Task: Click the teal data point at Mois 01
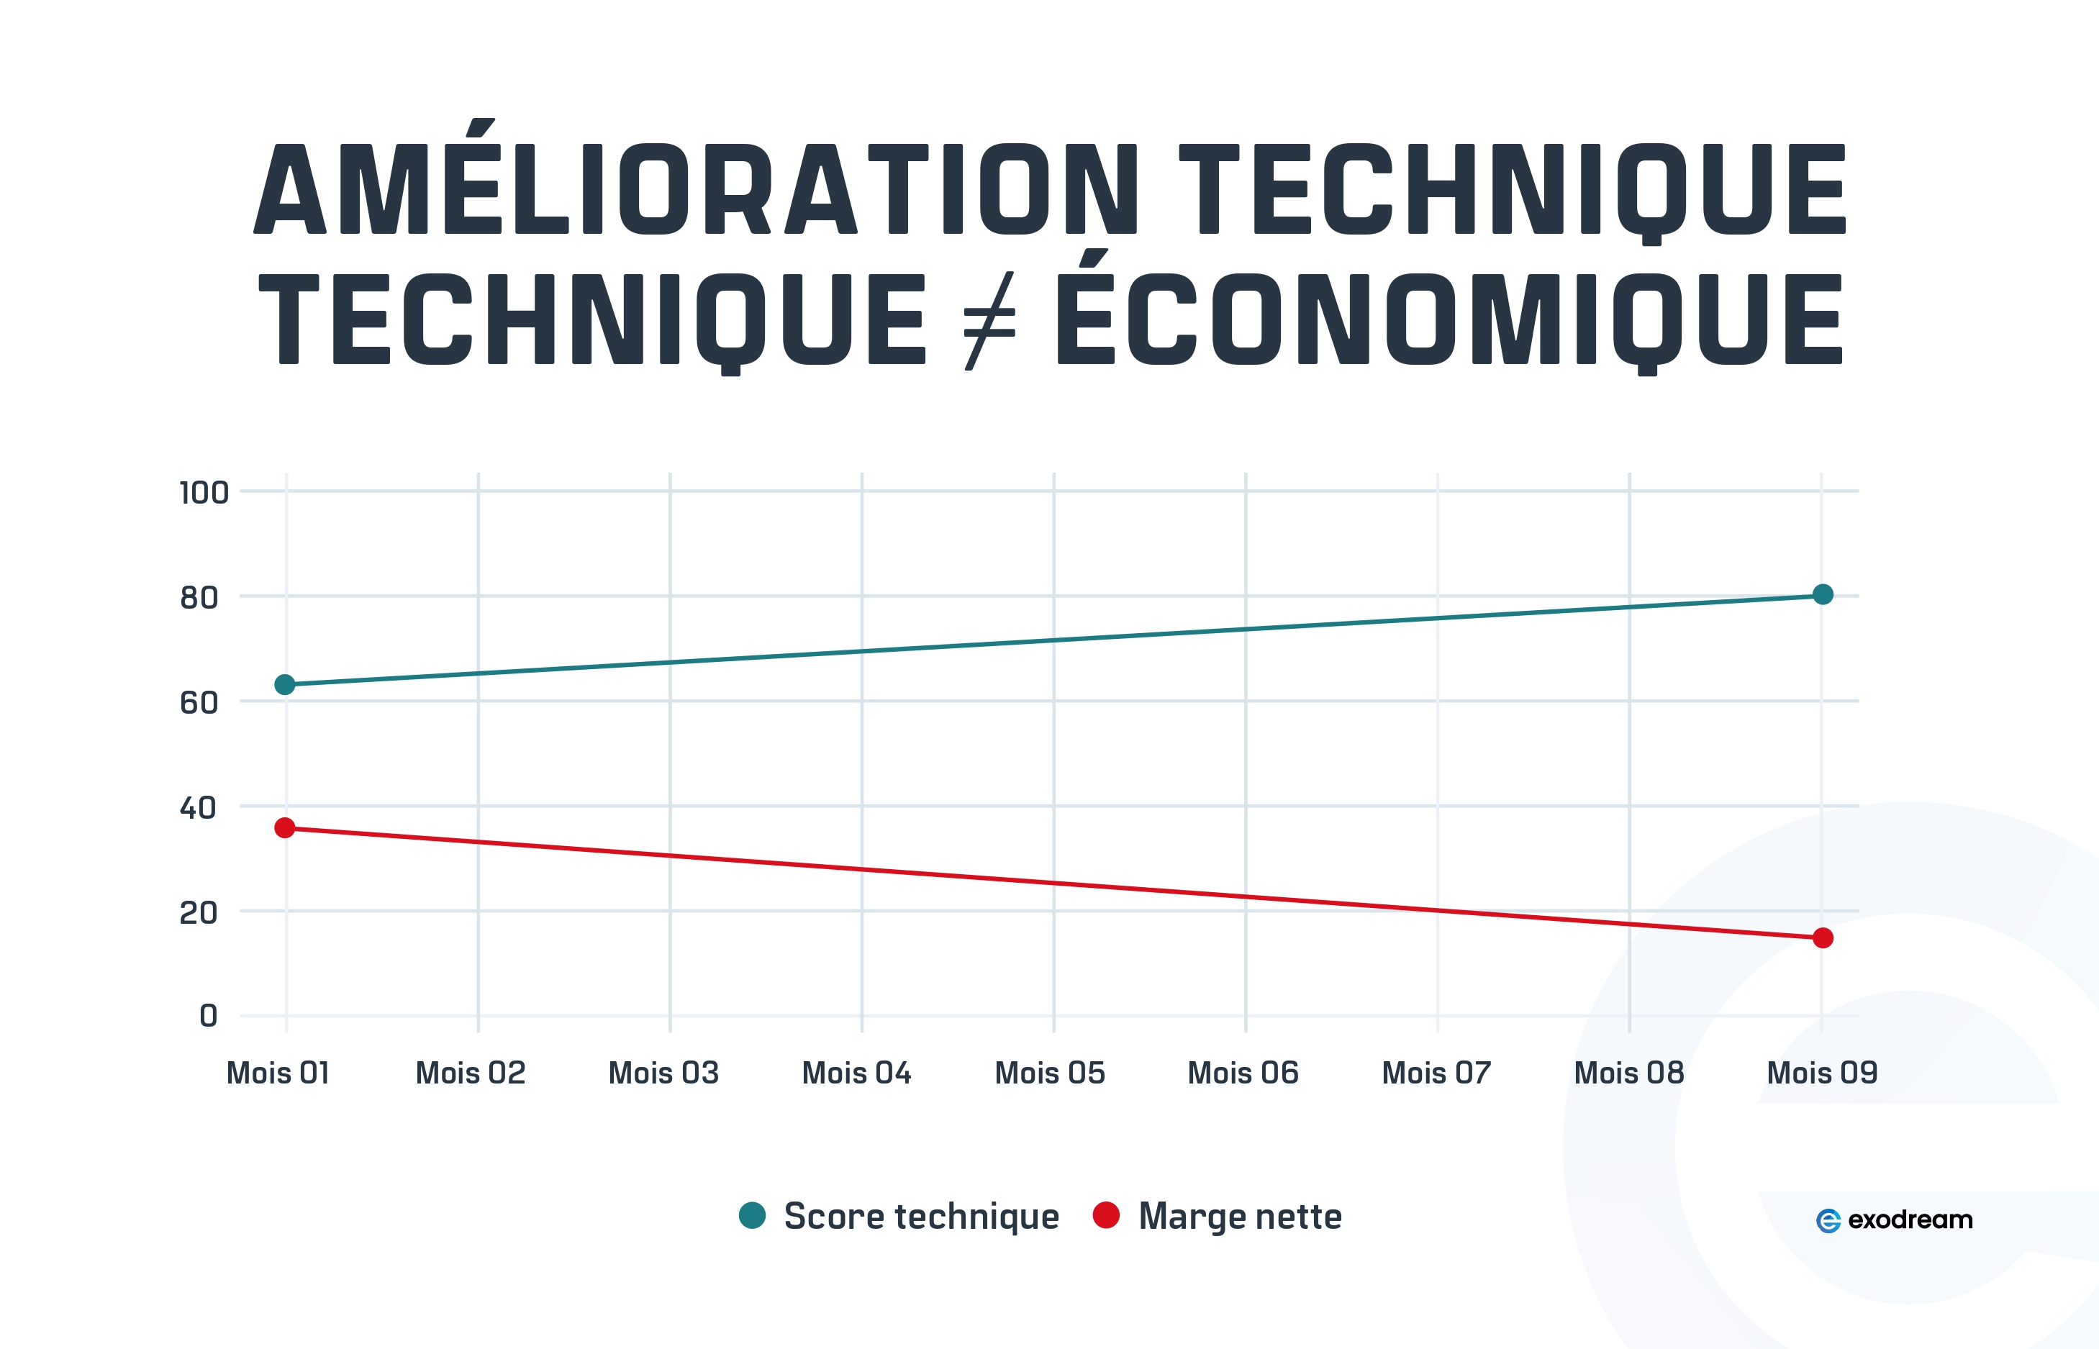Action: coord(285,684)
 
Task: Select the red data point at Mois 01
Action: coord(285,828)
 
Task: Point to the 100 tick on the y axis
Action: coord(204,492)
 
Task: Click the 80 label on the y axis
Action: coord(199,597)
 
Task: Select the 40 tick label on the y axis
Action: coord(198,808)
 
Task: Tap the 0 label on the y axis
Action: coord(209,1016)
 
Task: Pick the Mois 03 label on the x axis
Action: coord(663,1073)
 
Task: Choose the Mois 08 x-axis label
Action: coord(1628,1073)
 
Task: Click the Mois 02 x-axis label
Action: coord(471,1073)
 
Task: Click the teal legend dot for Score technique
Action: coord(752,1215)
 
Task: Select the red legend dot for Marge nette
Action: coord(1107,1215)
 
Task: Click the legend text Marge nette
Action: coord(1240,1217)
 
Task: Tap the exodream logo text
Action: coord(1910,1219)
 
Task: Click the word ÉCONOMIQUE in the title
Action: coord(1450,318)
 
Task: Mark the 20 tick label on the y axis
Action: coord(199,913)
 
